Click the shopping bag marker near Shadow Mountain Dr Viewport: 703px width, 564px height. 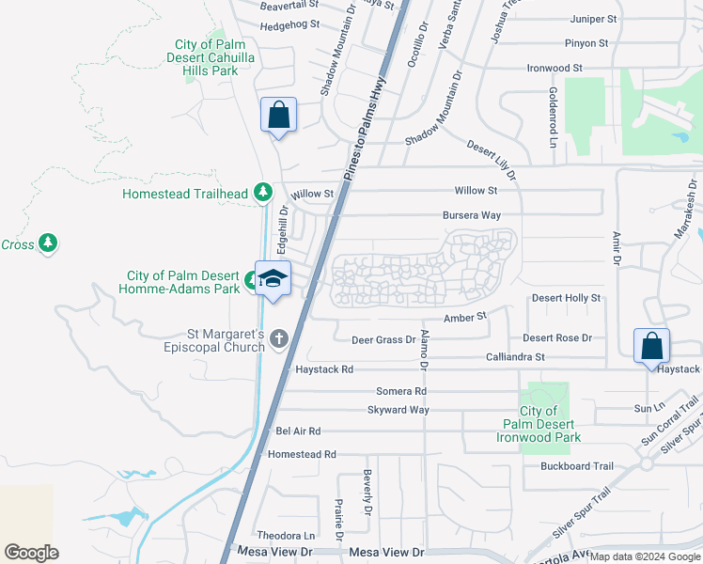278,116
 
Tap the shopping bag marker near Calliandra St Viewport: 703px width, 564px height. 651,346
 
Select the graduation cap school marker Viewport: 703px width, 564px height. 273,279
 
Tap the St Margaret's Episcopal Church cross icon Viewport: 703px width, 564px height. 278,338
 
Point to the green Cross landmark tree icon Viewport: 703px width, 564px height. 48,244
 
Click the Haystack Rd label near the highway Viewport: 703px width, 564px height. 324,370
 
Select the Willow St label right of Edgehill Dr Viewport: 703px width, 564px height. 312,195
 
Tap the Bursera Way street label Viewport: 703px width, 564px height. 472,215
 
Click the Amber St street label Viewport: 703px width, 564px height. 464,319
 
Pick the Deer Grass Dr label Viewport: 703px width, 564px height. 383,339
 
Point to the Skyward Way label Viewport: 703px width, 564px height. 398,410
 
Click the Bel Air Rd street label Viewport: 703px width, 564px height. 299,431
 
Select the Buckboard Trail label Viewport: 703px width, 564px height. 576,466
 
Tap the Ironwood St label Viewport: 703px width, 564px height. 555,69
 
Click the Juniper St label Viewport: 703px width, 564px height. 593,19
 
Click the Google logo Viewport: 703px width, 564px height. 31,553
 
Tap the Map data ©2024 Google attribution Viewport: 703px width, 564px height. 644,556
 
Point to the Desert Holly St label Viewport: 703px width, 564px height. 566,298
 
